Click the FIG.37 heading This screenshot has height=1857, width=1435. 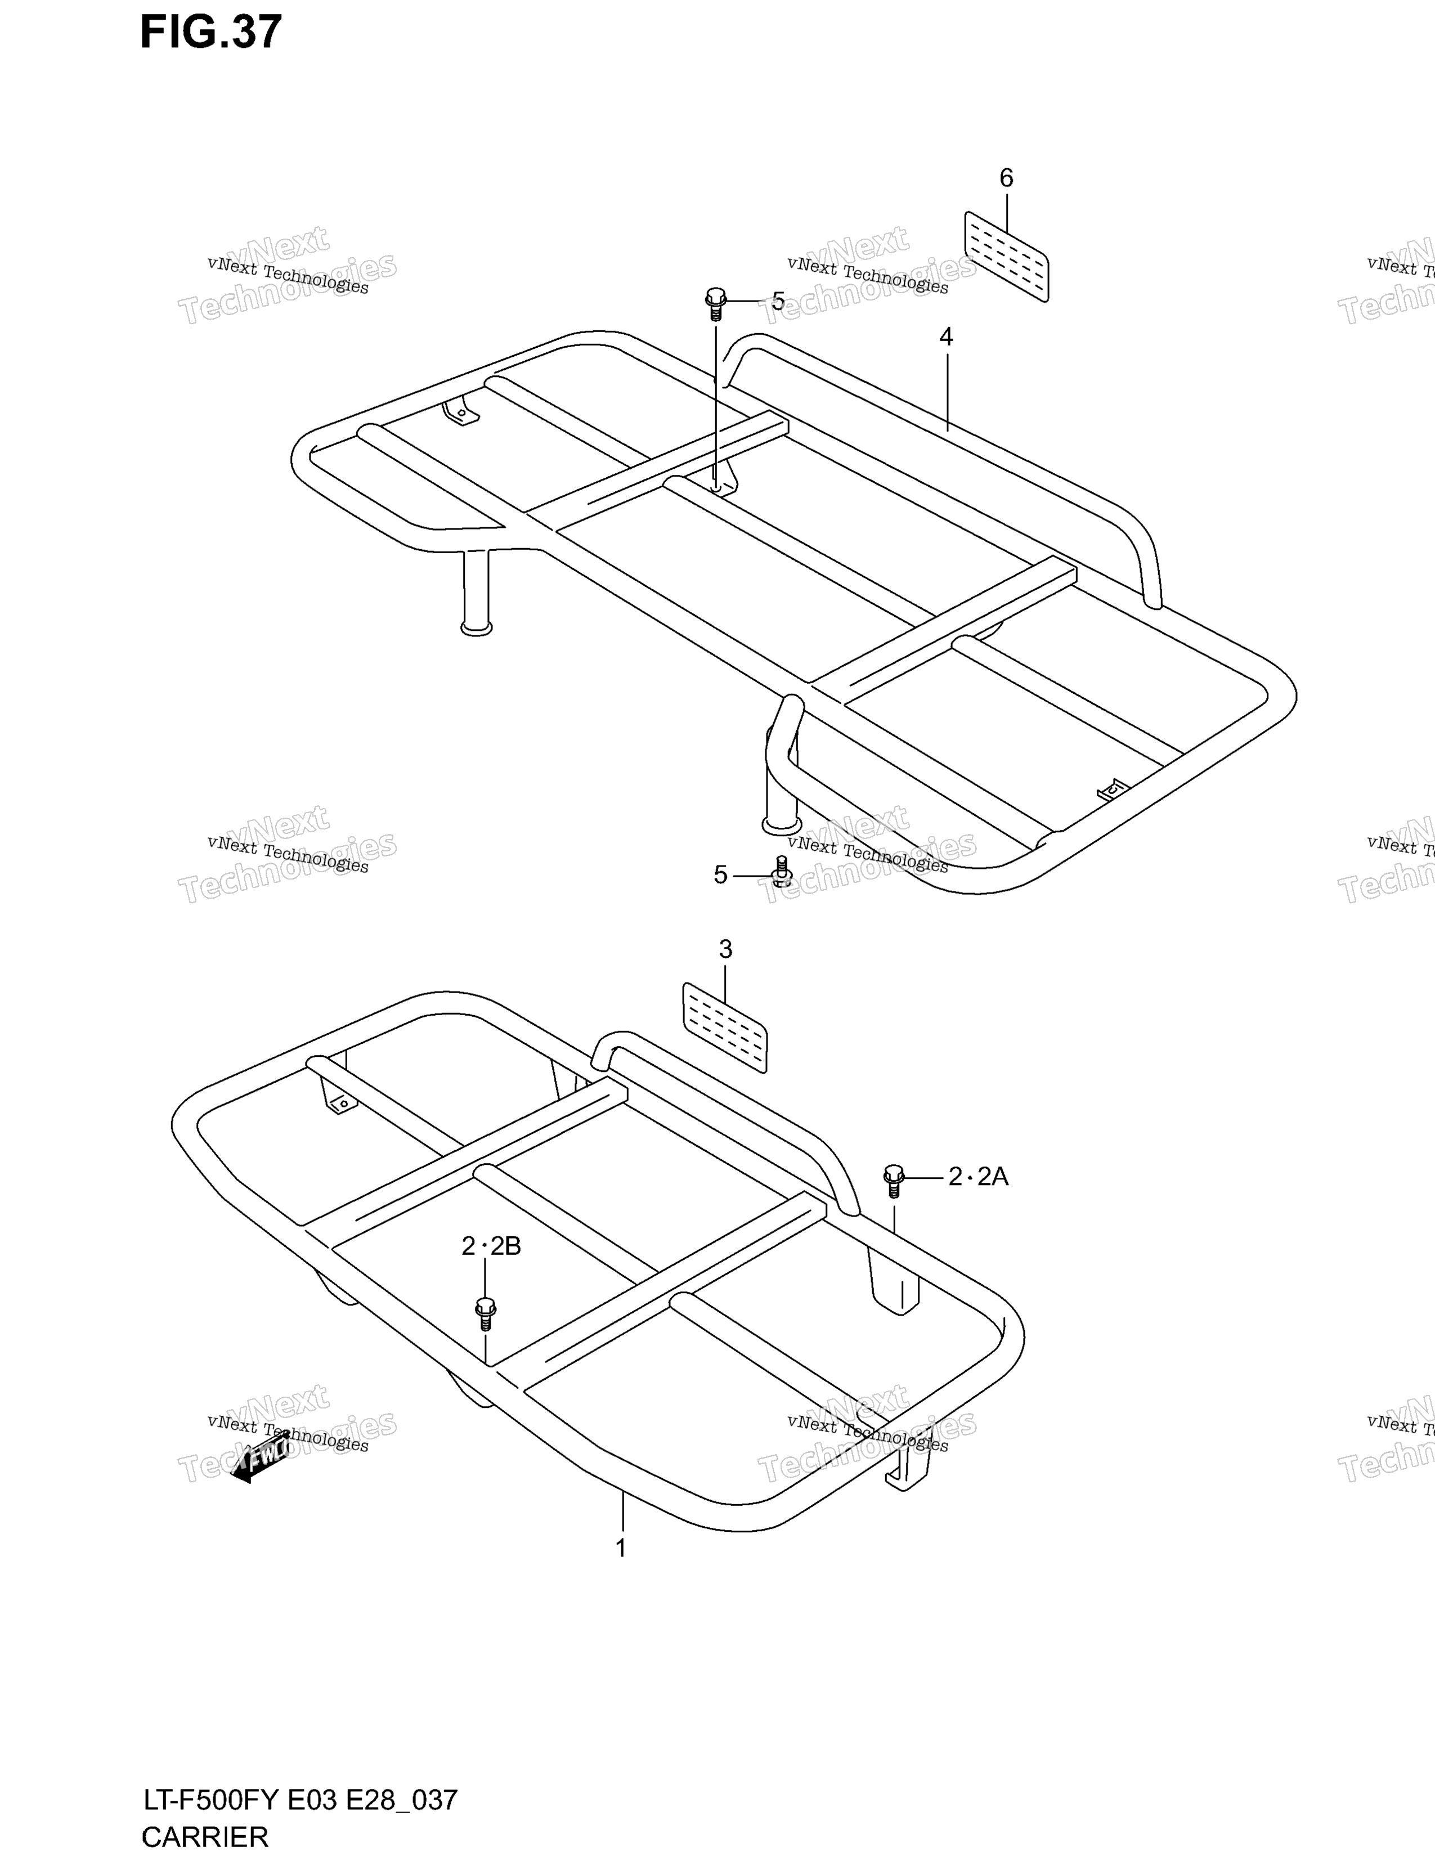click(x=211, y=32)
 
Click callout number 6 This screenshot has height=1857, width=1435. click(x=1007, y=178)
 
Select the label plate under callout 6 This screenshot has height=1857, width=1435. click(x=1007, y=257)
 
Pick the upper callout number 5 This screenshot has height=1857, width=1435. click(x=778, y=301)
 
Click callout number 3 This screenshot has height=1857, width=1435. click(x=725, y=950)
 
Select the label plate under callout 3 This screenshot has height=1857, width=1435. click(x=725, y=1027)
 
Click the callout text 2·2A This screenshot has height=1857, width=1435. click(x=977, y=1177)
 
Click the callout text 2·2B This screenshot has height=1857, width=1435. click(x=491, y=1246)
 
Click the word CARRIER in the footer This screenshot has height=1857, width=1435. click(x=205, y=1837)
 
